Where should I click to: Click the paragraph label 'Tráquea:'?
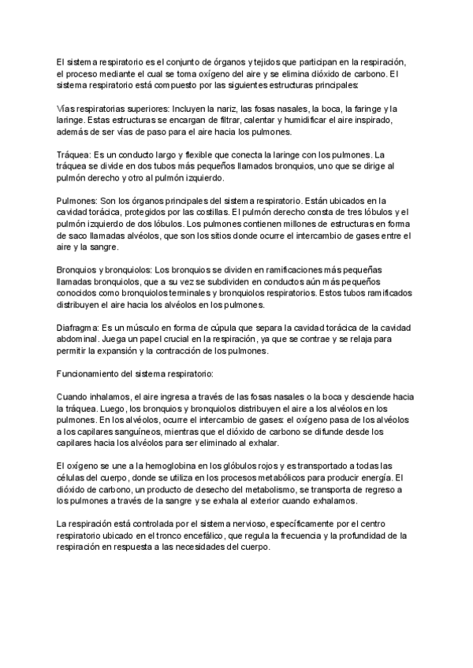[75, 154]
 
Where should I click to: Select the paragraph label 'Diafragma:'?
[79, 328]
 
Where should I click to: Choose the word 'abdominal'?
[81, 340]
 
